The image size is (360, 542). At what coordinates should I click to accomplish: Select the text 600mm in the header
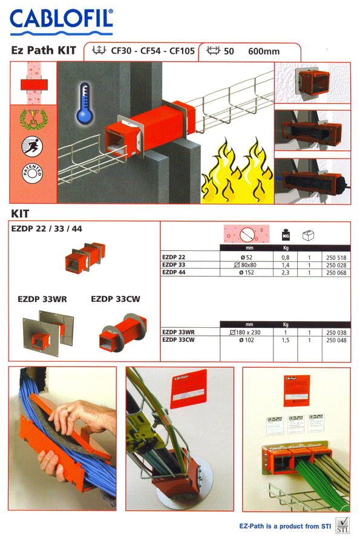(x=264, y=51)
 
